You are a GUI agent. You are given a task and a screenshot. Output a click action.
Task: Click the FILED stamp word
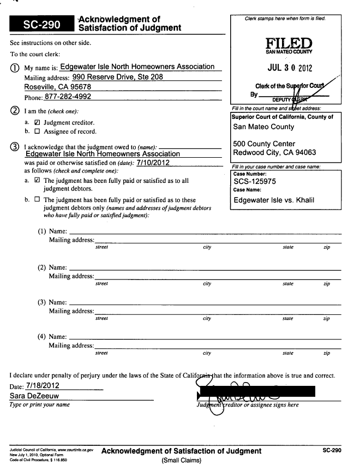288,44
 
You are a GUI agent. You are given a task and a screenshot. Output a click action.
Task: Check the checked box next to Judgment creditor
37,123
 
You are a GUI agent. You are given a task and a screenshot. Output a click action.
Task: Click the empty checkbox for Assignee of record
37,132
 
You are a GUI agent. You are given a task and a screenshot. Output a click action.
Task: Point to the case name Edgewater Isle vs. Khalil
274,200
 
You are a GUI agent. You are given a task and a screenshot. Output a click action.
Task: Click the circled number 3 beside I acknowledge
15,148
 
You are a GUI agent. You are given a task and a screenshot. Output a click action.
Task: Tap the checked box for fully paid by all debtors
37,180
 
